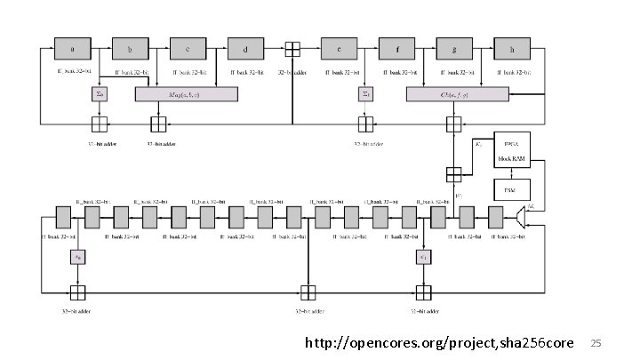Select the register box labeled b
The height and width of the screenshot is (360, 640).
pyautogui.click(x=130, y=48)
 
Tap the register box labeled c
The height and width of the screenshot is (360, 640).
pyautogui.click(x=187, y=48)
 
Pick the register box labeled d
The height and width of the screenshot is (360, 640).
pyautogui.click(x=244, y=48)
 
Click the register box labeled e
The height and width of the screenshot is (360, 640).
pyautogui.click(x=339, y=48)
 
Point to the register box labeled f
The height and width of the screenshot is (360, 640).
pyautogui.click(x=396, y=48)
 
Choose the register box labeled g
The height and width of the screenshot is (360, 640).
pyautogui.click(x=453, y=48)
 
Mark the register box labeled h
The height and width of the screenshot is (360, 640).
pyautogui.click(x=511, y=48)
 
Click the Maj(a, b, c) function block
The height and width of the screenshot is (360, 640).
pyautogui.click(x=187, y=93)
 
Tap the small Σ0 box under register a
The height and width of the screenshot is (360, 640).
pyautogui.click(x=100, y=93)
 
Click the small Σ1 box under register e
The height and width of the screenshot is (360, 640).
pyautogui.click(x=366, y=93)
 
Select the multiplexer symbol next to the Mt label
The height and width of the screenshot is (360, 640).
pyautogui.click(x=522, y=215)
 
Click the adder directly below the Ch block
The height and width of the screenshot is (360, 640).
pyautogui.click(x=454, y=124)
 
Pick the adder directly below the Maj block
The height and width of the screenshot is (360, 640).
pyautogui.click(x=158, y=124)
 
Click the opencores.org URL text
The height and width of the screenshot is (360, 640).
pyautogui.click(x=439, y=342)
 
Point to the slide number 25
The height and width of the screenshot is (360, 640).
pyautogui.click(x=597, y=342)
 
